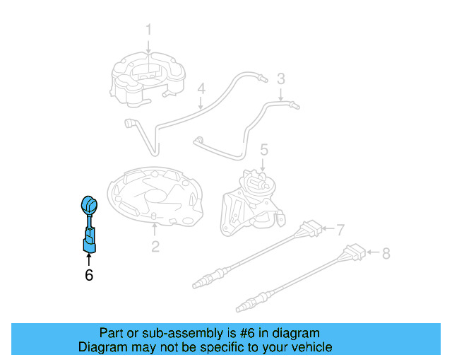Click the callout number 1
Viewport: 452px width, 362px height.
point(149,30)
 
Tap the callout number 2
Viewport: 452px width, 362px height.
point(155,247)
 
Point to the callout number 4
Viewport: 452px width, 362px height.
point(201,90)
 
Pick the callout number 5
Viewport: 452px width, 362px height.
point(263,150)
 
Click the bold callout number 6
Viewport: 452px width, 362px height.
point(89,275)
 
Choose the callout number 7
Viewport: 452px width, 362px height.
point(340,230)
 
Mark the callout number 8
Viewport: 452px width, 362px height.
point(386,252)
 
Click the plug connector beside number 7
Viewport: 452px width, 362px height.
point(309,230)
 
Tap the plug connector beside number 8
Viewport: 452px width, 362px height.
point(354,252)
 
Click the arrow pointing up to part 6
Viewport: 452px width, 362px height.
point(89,259)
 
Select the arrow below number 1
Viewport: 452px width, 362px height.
point(149,45)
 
